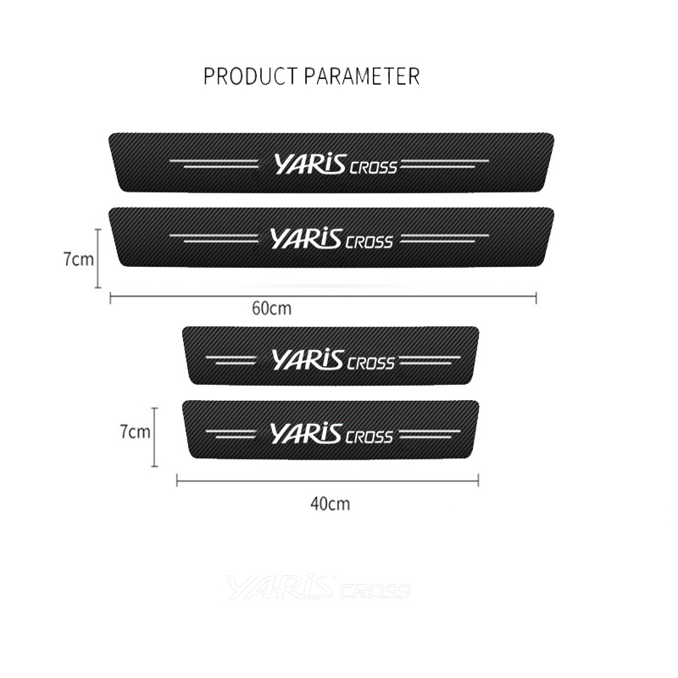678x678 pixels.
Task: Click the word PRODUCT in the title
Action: pyautogui.click(x=247, y=76)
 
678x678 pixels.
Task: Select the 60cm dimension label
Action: pyautogui.click(x=271, y=308)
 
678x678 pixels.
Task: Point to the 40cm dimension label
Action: pyautogui.click(x=330, y=504)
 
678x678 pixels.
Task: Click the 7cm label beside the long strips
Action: pyautogui.click(x=78, y=259)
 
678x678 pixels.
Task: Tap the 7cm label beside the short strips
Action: pyautogui.click(x=134, y=431)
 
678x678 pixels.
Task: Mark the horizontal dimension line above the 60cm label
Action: pyautogui.click(x=323, y=296)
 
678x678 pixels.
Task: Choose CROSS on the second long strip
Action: pyautogui.click(x=370, y=242)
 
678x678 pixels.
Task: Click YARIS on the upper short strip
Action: pyautogui.click(x=308, y=359)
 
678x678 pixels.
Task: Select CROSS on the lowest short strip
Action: pyautogui.click(x=370, y=437)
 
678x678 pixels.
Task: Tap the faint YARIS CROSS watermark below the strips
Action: pyautogui.click(x=319, y=587)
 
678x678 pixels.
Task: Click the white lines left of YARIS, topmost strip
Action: pyautogui.click(x=221, y=164)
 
